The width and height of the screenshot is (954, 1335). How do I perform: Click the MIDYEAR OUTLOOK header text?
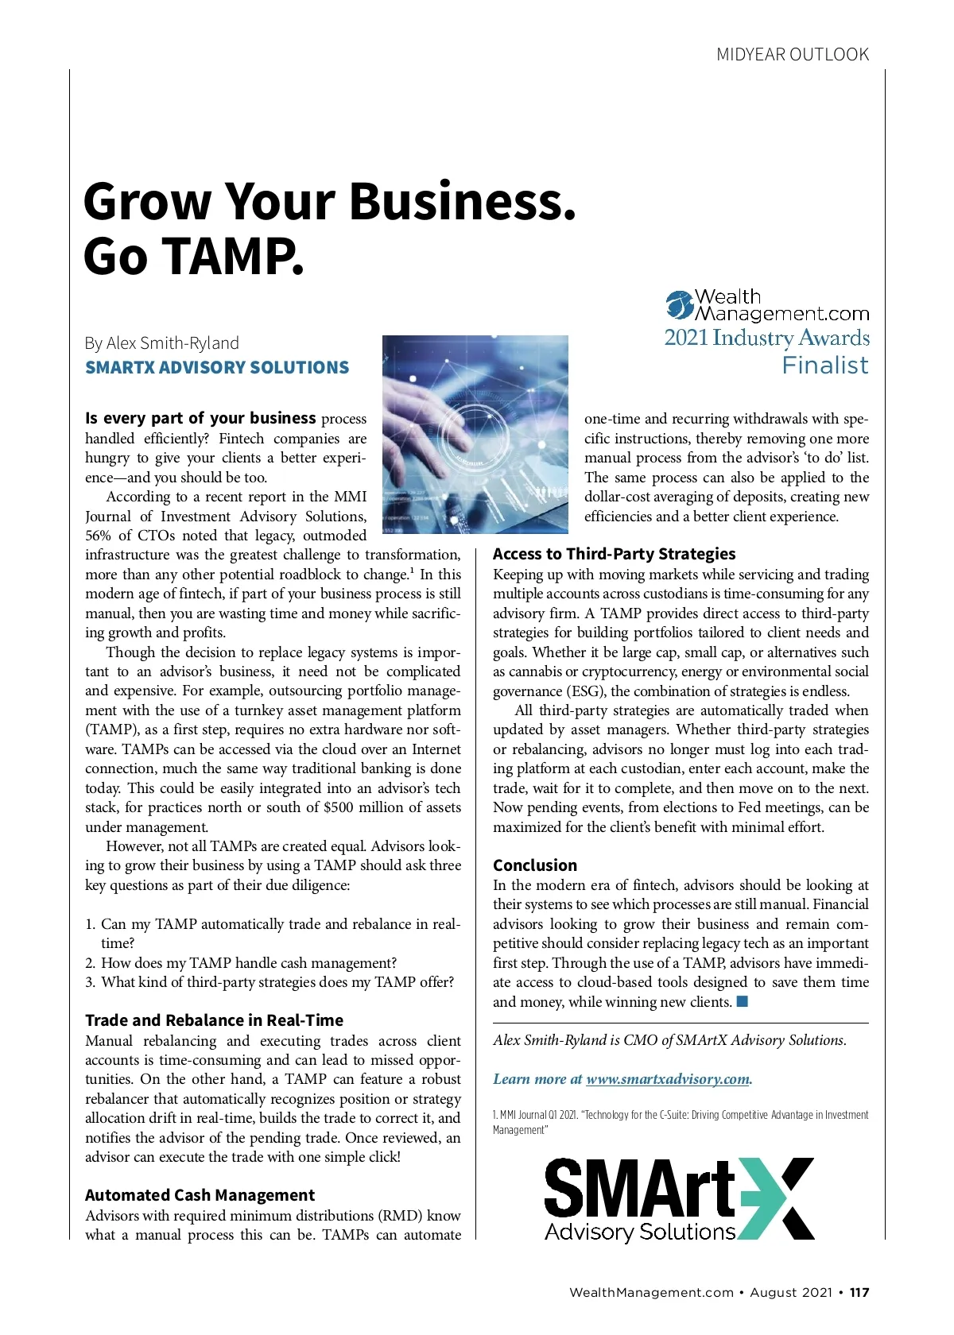pyautogui.click(x=792, y=55)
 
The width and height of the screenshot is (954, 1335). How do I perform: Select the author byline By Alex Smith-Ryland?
pyautogui.click(x=162, y=343)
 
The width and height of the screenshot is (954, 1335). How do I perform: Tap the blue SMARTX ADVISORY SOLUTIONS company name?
pyautogui.click(x=217, y=367)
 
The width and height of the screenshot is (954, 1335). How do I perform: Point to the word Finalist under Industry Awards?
pyautogui.click(x=825, y=366)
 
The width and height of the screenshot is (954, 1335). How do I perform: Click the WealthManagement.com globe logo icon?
pyautogui.click(x=680, y=306)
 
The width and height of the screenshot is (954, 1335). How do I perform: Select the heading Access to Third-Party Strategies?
pyautogui.click(x=614, y=554)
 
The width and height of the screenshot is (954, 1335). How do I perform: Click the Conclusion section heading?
pyautogui.click(x=535, y=865)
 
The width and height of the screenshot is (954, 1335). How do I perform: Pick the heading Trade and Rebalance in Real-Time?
pyautogui.click(x=215, y=1020)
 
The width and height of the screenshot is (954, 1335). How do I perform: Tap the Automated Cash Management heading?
pyautogui.click(x=200, y=1195)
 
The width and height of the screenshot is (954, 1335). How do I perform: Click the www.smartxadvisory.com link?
pyautogui.click(x=668, y=1079)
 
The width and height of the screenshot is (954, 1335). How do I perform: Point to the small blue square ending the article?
pyautogui.click(x=743, y=1001)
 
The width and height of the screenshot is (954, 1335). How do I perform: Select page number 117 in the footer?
pyautogui.click(x=859, y=1292)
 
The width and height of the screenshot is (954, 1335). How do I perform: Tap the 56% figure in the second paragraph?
pyautogui.click(x=99, y=536)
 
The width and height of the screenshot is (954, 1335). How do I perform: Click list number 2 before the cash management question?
pyautogui.click(x=90, y=963)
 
